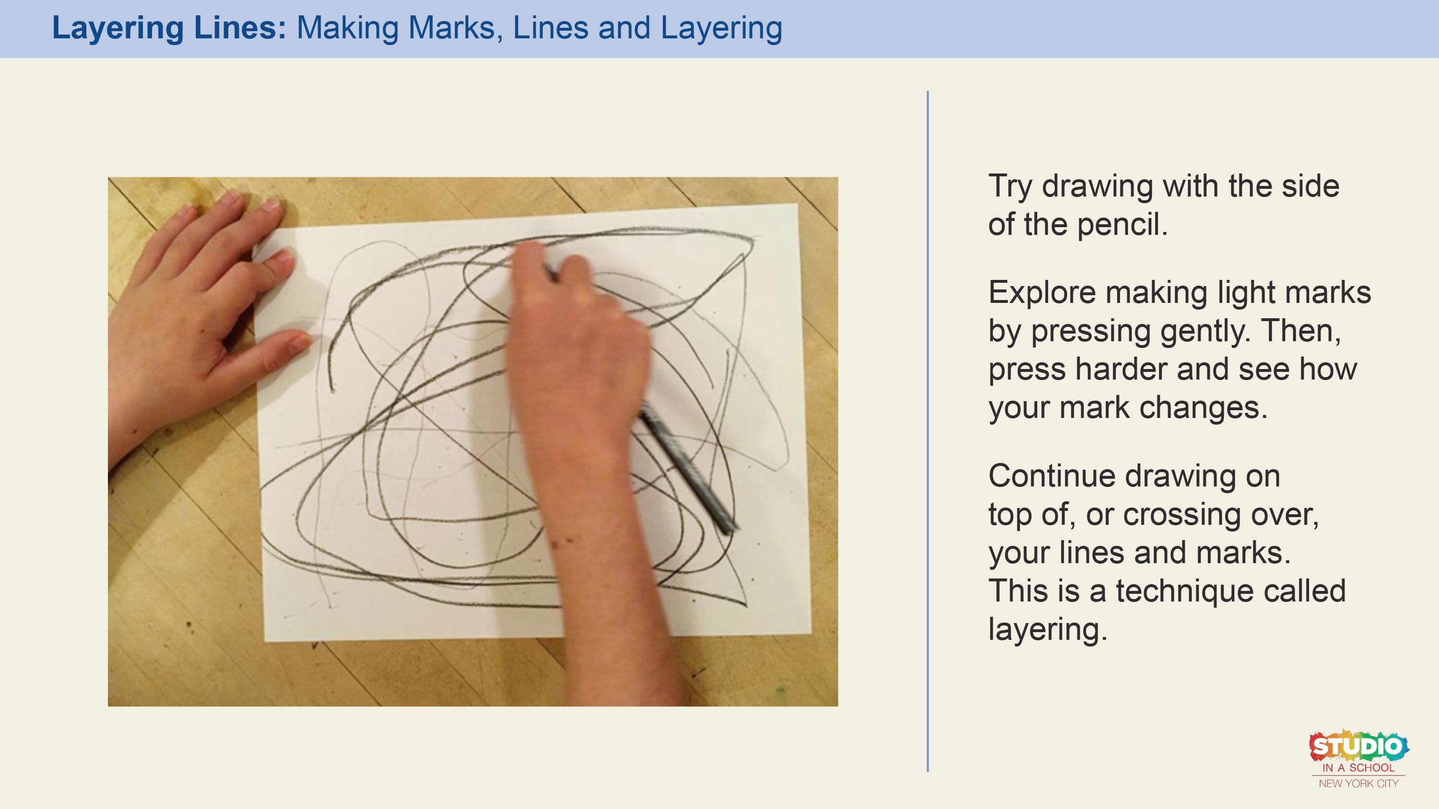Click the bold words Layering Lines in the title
(169, 28)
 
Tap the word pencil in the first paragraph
(1122, 224)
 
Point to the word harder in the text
(1121, 369)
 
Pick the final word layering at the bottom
(1048, 630)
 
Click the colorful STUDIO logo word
(1358, 746)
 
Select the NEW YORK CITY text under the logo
(1358, 783)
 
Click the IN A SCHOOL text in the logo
(1358, 768)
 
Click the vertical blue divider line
(927, 431)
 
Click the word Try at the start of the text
(1010, 187)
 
